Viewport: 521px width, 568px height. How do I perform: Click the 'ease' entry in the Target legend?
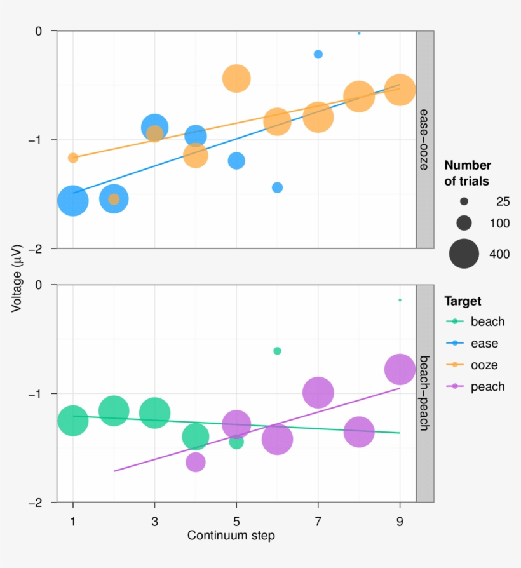(484, 344)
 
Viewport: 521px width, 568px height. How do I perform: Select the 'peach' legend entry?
(487, 387)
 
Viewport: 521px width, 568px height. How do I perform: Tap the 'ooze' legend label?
(484, 365)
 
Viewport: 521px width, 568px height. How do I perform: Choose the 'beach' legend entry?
(487, 321)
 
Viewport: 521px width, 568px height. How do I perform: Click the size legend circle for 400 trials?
(464, 254)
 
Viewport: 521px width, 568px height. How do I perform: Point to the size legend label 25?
(503, 202)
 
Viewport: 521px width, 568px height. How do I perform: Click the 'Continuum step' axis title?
(231, 536)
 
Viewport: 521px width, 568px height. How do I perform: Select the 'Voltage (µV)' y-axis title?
(17, 277)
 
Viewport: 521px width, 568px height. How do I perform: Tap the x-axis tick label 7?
(318, 520)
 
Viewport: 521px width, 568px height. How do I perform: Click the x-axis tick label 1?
(72, 520)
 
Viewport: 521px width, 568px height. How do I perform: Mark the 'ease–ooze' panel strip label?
(424, 139)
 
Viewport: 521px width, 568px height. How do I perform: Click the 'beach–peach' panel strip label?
(424, 393)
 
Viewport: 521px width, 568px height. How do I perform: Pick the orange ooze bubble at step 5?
(236, 79)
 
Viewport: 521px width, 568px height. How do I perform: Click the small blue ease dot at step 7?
(318, 54)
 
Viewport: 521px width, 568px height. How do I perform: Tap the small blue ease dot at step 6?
(277, 187)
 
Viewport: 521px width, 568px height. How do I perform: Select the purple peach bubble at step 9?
(400, 369)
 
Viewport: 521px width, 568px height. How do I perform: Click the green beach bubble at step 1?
(72, 421)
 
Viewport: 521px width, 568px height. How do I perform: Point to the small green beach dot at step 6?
(277, 351)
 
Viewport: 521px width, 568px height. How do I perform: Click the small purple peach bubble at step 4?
(196, 463)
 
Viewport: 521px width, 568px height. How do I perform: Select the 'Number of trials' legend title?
(467, 173)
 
